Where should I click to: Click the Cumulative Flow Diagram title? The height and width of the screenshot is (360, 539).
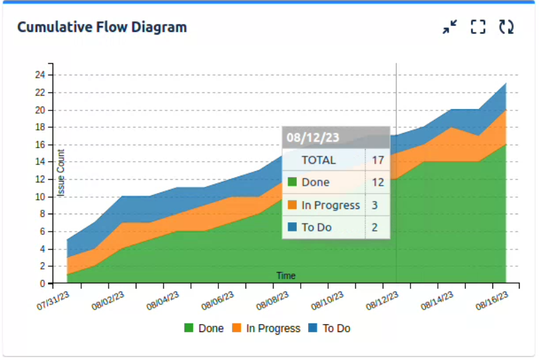click(102, 27)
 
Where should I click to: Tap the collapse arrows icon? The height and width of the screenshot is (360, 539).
click(450, 27)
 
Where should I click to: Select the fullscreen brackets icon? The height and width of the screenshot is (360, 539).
click(478, 27)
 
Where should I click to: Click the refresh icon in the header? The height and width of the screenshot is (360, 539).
click(506, 27)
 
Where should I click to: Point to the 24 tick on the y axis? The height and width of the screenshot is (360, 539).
click(40, 75)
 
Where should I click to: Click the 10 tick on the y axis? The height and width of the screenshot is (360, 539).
click(40, 197)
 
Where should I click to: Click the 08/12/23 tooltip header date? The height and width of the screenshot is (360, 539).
click(313, 137)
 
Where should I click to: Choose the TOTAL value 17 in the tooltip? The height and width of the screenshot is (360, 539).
click(378, 160)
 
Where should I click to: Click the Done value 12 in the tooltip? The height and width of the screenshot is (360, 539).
click(378, 182)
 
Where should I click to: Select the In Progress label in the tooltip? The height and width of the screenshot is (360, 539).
click(331, 205)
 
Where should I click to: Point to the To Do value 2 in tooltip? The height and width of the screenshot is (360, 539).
click(375, 228)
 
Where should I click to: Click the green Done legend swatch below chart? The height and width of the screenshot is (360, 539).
click(189, 328)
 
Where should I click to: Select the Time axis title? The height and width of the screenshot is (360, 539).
click(286, 275)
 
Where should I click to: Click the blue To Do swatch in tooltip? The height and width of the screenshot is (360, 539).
click(291, 228)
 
